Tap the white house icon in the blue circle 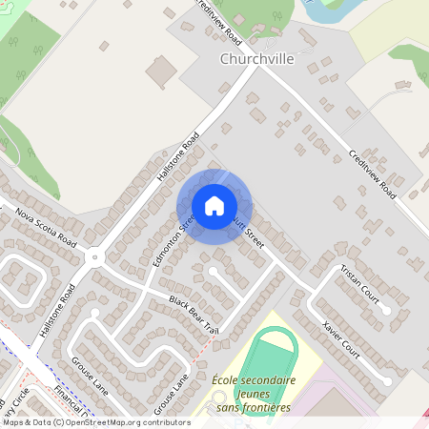(x=214, y=206)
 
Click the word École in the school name (x=226, y=380)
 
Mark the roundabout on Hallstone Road (x=94, y=256)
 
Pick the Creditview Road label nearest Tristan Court (x=372, y=172)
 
